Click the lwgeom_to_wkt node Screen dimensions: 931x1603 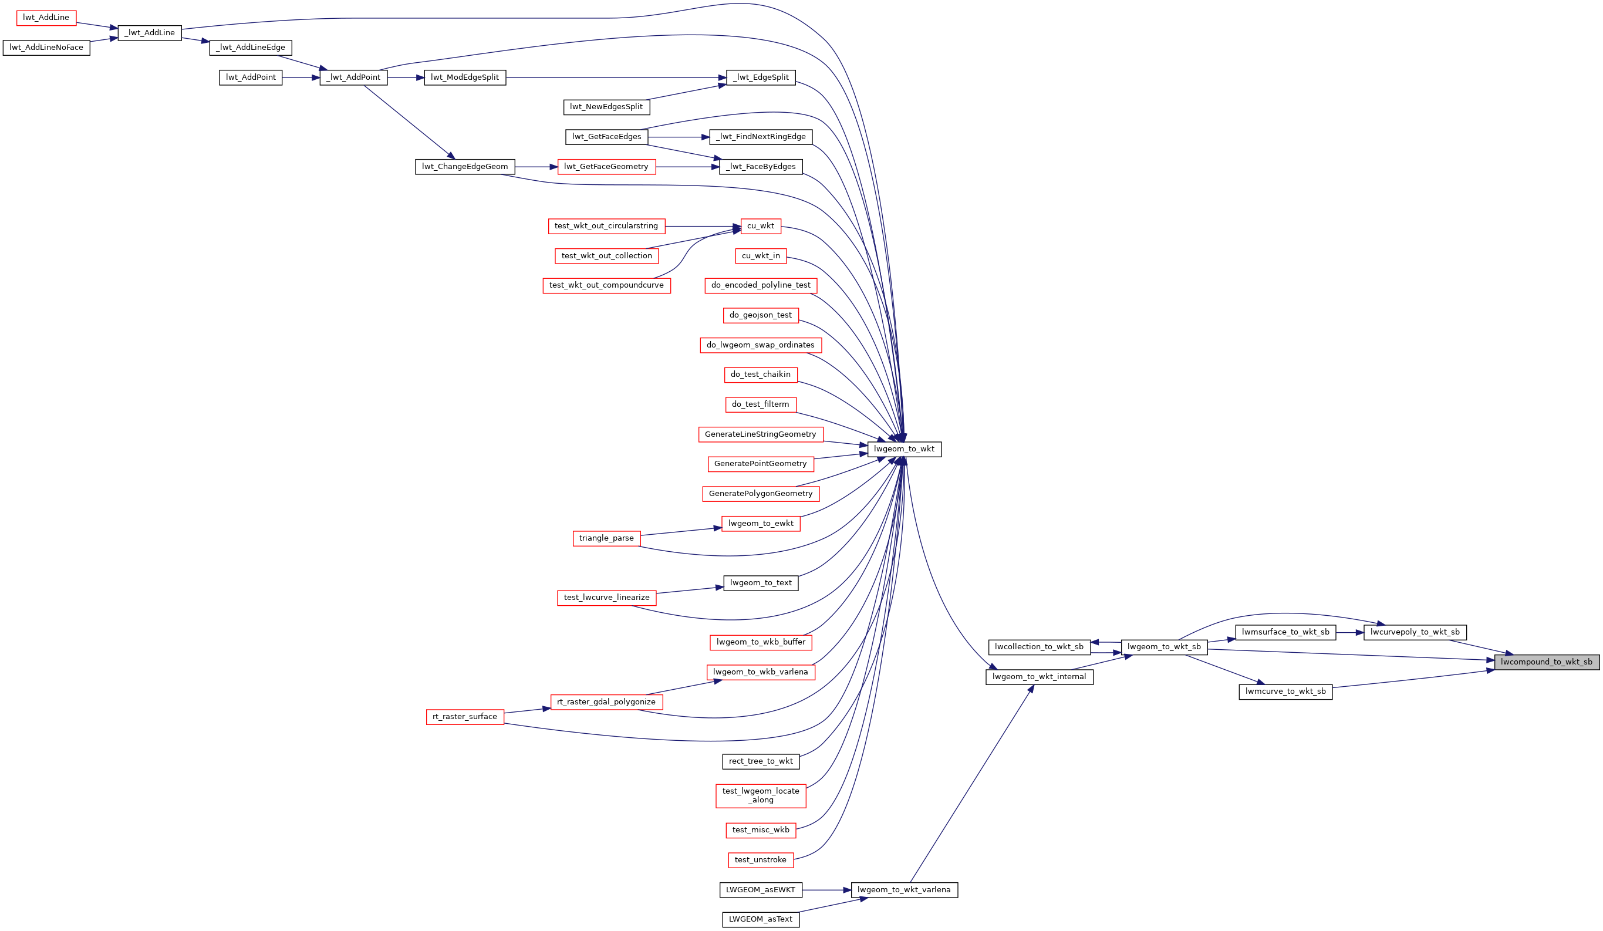pos(904,449)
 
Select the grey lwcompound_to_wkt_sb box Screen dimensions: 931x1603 pos(1547,662)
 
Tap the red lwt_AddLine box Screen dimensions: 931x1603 pos(46,18)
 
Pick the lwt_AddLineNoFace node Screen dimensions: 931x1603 pos(46,48)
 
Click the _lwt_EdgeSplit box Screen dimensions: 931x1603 pos(761,77)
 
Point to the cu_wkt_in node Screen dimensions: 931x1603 pos(761,256)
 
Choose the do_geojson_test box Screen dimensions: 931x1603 pos(761,315)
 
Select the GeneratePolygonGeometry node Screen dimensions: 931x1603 pos(761,494)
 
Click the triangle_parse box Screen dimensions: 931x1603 pos(606,538)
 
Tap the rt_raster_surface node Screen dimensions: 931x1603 pos(465,717)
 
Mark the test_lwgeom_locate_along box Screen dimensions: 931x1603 pos(761,795)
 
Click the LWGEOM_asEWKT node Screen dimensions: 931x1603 pos(761,890)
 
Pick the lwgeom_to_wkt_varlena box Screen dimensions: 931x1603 pos(904,890)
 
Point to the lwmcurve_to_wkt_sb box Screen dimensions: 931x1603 pos(1285,691)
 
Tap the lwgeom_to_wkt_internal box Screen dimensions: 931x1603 pos(1039,677)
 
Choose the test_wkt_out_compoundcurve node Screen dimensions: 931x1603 pos(606,286)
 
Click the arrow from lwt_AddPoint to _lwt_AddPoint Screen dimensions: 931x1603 pos(301,77)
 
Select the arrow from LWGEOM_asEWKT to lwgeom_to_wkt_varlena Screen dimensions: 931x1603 pos(826,890)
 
